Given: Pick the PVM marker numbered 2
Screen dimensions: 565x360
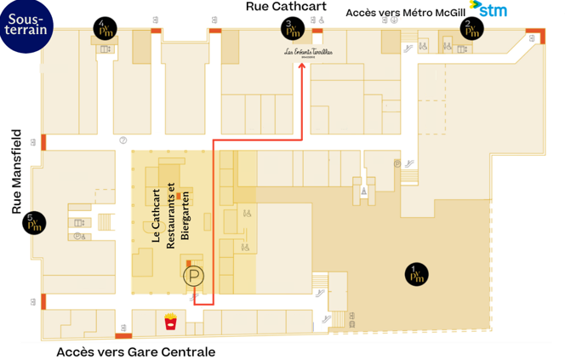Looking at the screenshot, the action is pyautogui.click(x=471, y=29).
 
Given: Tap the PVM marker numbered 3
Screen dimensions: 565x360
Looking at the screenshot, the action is pyautogui.click(x=291, y=29).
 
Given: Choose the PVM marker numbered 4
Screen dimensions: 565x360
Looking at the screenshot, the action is pyautogui.click(x=105, y=29).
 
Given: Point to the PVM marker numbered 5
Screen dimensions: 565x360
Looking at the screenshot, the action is pyautogui.click(x=35, y=222).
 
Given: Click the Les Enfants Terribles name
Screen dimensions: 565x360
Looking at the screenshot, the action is pyautogui.click(x=308, y=53).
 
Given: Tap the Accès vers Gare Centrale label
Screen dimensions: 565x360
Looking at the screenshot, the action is pyautogui.click(x=135, y=351).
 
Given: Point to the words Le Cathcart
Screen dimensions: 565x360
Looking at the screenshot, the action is pyautogui.click(x=157, y=216).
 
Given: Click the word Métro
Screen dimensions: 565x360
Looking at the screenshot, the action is pyautogui.click(x=427, y=13).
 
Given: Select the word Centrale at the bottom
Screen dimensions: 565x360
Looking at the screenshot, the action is pyautogui.click(x=187, y=351).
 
